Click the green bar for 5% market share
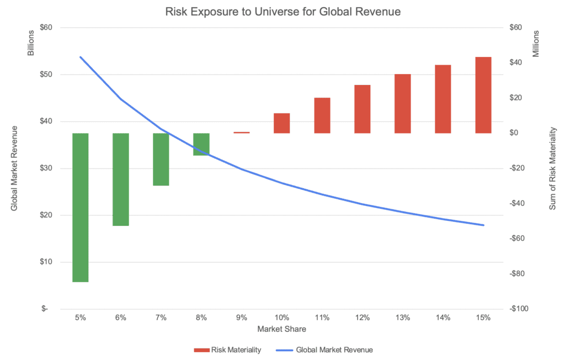click(81, 207)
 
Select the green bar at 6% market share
click(121, 179)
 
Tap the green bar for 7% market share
click(161, 159)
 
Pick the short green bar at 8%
click(201, 144)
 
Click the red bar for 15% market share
click(483, 95)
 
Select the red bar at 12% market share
click(363, 109)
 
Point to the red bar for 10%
click(282, 123)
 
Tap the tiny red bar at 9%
click(242, 133)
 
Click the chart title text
click(282, 11)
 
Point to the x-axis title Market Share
click(282, 329)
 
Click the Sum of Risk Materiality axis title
click(552, 168)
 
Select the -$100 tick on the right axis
click(520, 309)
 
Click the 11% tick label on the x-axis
click(322, 317)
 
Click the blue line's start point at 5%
click(81, 57)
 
